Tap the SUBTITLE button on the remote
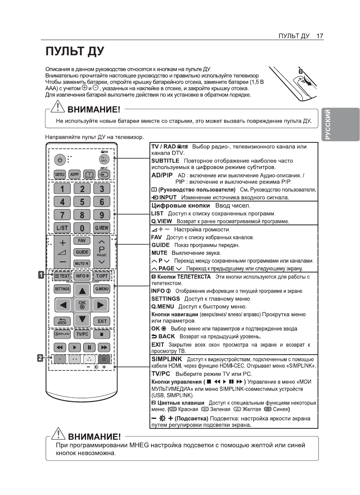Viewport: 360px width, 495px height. tap(59, 175)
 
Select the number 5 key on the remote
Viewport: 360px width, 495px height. tap(82, 202)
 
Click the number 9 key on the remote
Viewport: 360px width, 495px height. tap(101, 215)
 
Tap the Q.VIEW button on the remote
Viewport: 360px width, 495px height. tap(101, 228)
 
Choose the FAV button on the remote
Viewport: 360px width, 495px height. tap(82, 240)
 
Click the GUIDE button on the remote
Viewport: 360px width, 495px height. tap(82, 252)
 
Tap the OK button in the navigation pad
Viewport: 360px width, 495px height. tap(82, 305)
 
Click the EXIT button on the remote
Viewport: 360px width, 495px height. tap(101, 321)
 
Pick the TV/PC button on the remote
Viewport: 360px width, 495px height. tap(82, 334)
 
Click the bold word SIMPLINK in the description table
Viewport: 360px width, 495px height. tap(167, 359)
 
